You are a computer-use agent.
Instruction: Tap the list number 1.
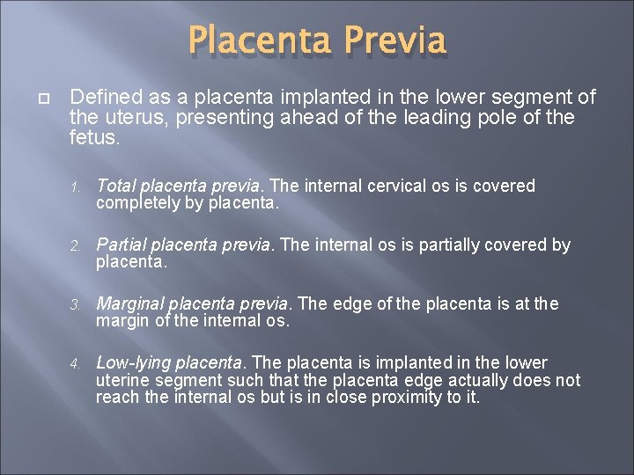point(77,187)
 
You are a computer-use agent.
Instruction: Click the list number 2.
point(77,246)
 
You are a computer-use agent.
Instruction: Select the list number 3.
point(77,305)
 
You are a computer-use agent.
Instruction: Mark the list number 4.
point(77,364)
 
